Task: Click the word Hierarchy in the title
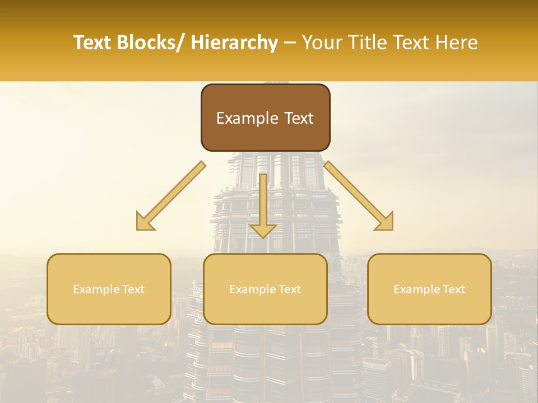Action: (234, 43)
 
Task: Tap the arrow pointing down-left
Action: (171, 196)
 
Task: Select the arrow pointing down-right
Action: (359, 196)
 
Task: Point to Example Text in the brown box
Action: (265, 118)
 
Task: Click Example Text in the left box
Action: (109, 289)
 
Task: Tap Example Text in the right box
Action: (429, 289)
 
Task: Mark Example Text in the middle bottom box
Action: (265, 289)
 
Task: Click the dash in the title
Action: (290, 43)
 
